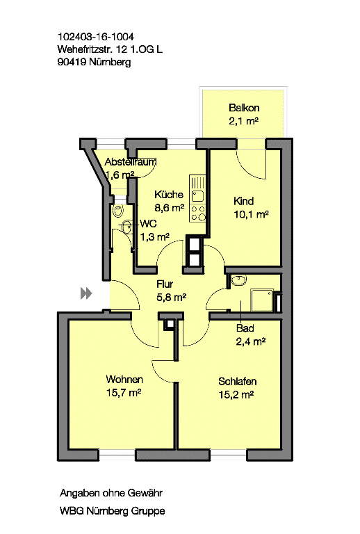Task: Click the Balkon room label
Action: pyautogui.click(x=244, y=108)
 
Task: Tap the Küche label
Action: pyautogui.click(x=169, y=195)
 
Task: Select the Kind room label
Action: pyautogui.click(x=243, y=201)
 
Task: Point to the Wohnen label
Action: pyautogui.click(x=124, y=380)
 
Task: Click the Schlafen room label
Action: pyautogui.click(x=237, y=382)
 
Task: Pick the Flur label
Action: pyautogui.click(x=165, y=284)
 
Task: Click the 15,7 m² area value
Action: pyautogui.click(x=124, y=393)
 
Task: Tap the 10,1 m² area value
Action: pyautogui.click(x=251, y=214)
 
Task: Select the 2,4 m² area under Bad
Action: pyautogui.click(x=251, y=341)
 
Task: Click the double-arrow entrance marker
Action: pyautogui.click(x=86, y=293)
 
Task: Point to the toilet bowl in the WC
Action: pyautogui.click(x=117, y=211)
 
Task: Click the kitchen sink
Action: pyautogui.click(x=197, y=197)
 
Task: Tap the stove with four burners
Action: pyautogui.click(x=198, y=213)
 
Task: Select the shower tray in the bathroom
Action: pyautogui.click(x=262, y=300)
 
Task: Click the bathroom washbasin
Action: pyautogui.click(x=239, y=281)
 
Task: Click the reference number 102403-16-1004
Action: pyautogui.click(x=96, y=36)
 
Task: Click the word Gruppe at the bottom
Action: pyautogui.click(x=148, y=511)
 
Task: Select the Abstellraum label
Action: pyautogui.click(x=131, y=162)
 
